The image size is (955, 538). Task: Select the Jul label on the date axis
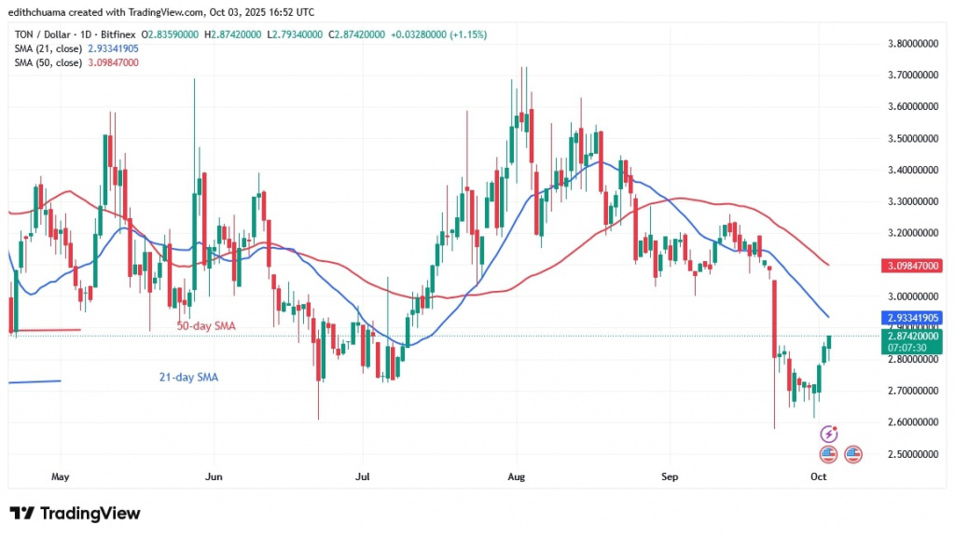point(364,476)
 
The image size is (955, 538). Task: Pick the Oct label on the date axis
point(818,476)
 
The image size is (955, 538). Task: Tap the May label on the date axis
point(60,476)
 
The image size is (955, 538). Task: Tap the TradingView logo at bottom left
point(75,514)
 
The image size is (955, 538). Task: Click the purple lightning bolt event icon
point(828,435)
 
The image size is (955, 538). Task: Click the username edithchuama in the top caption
point(43,12)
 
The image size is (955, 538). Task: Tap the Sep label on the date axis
point(668,476)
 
